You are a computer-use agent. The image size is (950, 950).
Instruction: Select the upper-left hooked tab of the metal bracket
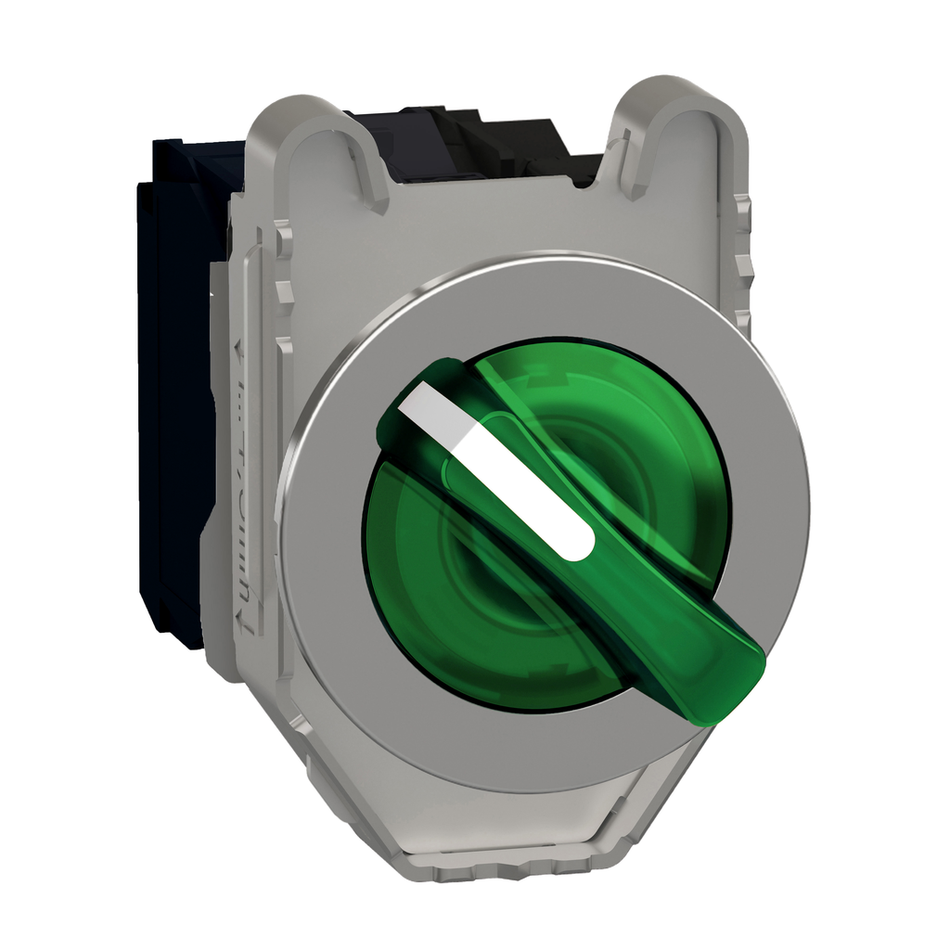tap(325, 139)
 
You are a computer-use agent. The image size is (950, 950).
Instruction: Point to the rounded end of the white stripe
tap(579, 546)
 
